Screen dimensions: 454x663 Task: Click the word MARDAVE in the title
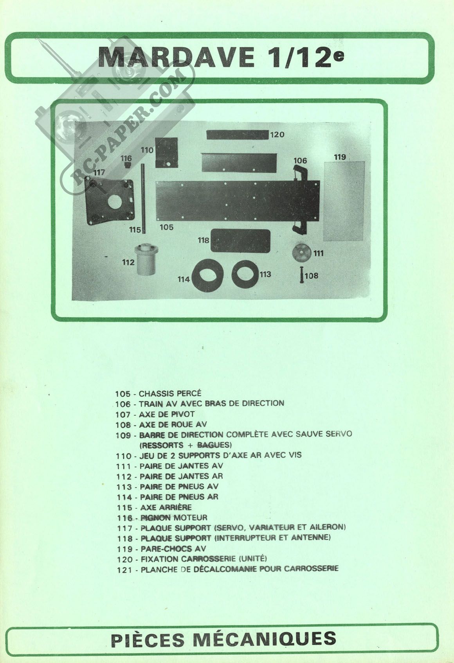point(176,57)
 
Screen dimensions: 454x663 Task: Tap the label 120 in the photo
point(277,135)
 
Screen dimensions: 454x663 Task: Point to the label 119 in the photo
point(340,157)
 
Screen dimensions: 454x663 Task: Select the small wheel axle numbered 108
point(301,275)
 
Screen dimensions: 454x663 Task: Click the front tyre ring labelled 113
point(245,274)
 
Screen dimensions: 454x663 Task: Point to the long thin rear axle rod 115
point(144,199)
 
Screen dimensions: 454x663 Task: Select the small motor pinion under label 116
point(127,165)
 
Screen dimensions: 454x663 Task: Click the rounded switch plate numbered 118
point(240,241)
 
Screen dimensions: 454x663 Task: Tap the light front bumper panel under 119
point(344,201)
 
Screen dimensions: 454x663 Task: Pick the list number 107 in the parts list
point(123,415)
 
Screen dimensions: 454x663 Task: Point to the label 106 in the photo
point(300,160)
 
